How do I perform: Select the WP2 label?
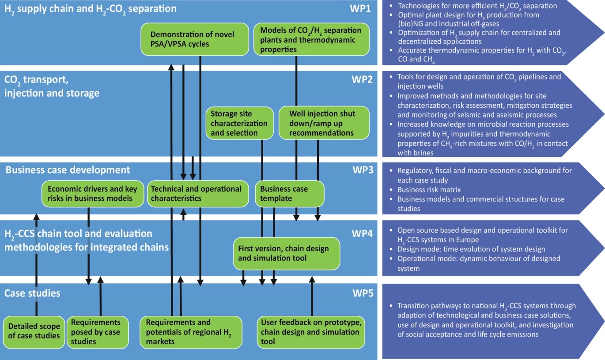tap(362, 80)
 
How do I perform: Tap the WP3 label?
tap(363, 170)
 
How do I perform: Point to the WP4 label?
tap(362, 233)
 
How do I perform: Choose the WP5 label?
tap(363, 293)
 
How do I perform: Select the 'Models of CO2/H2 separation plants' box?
tap(311, 39)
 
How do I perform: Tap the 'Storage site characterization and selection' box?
tap(239, 123)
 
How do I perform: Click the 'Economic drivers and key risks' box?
tap(93, 193)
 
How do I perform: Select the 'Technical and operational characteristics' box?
tap(197, 193)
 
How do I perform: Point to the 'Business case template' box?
tap(290, 193)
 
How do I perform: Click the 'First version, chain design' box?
tap(287, 253)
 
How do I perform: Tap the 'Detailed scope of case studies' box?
tap(34, 331)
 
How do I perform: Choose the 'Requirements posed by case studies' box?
tap(95, 332)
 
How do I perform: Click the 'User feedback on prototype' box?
tap(312, 332)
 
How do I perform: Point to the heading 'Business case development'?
tap(68, 170)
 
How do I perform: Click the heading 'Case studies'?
tap(32, 293)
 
